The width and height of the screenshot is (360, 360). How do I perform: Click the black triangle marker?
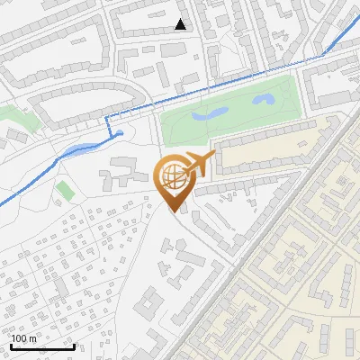click(181, 24)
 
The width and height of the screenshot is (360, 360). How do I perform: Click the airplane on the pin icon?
click(200, 165)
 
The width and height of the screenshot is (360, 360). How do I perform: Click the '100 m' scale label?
click(24, 338)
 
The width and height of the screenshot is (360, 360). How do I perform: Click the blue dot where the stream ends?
click(120, 134)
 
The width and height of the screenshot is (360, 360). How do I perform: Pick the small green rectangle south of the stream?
click(64, 191)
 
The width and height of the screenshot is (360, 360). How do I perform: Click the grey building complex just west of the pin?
click(126, 171)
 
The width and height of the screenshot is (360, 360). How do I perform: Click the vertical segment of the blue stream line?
click(107, 127)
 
